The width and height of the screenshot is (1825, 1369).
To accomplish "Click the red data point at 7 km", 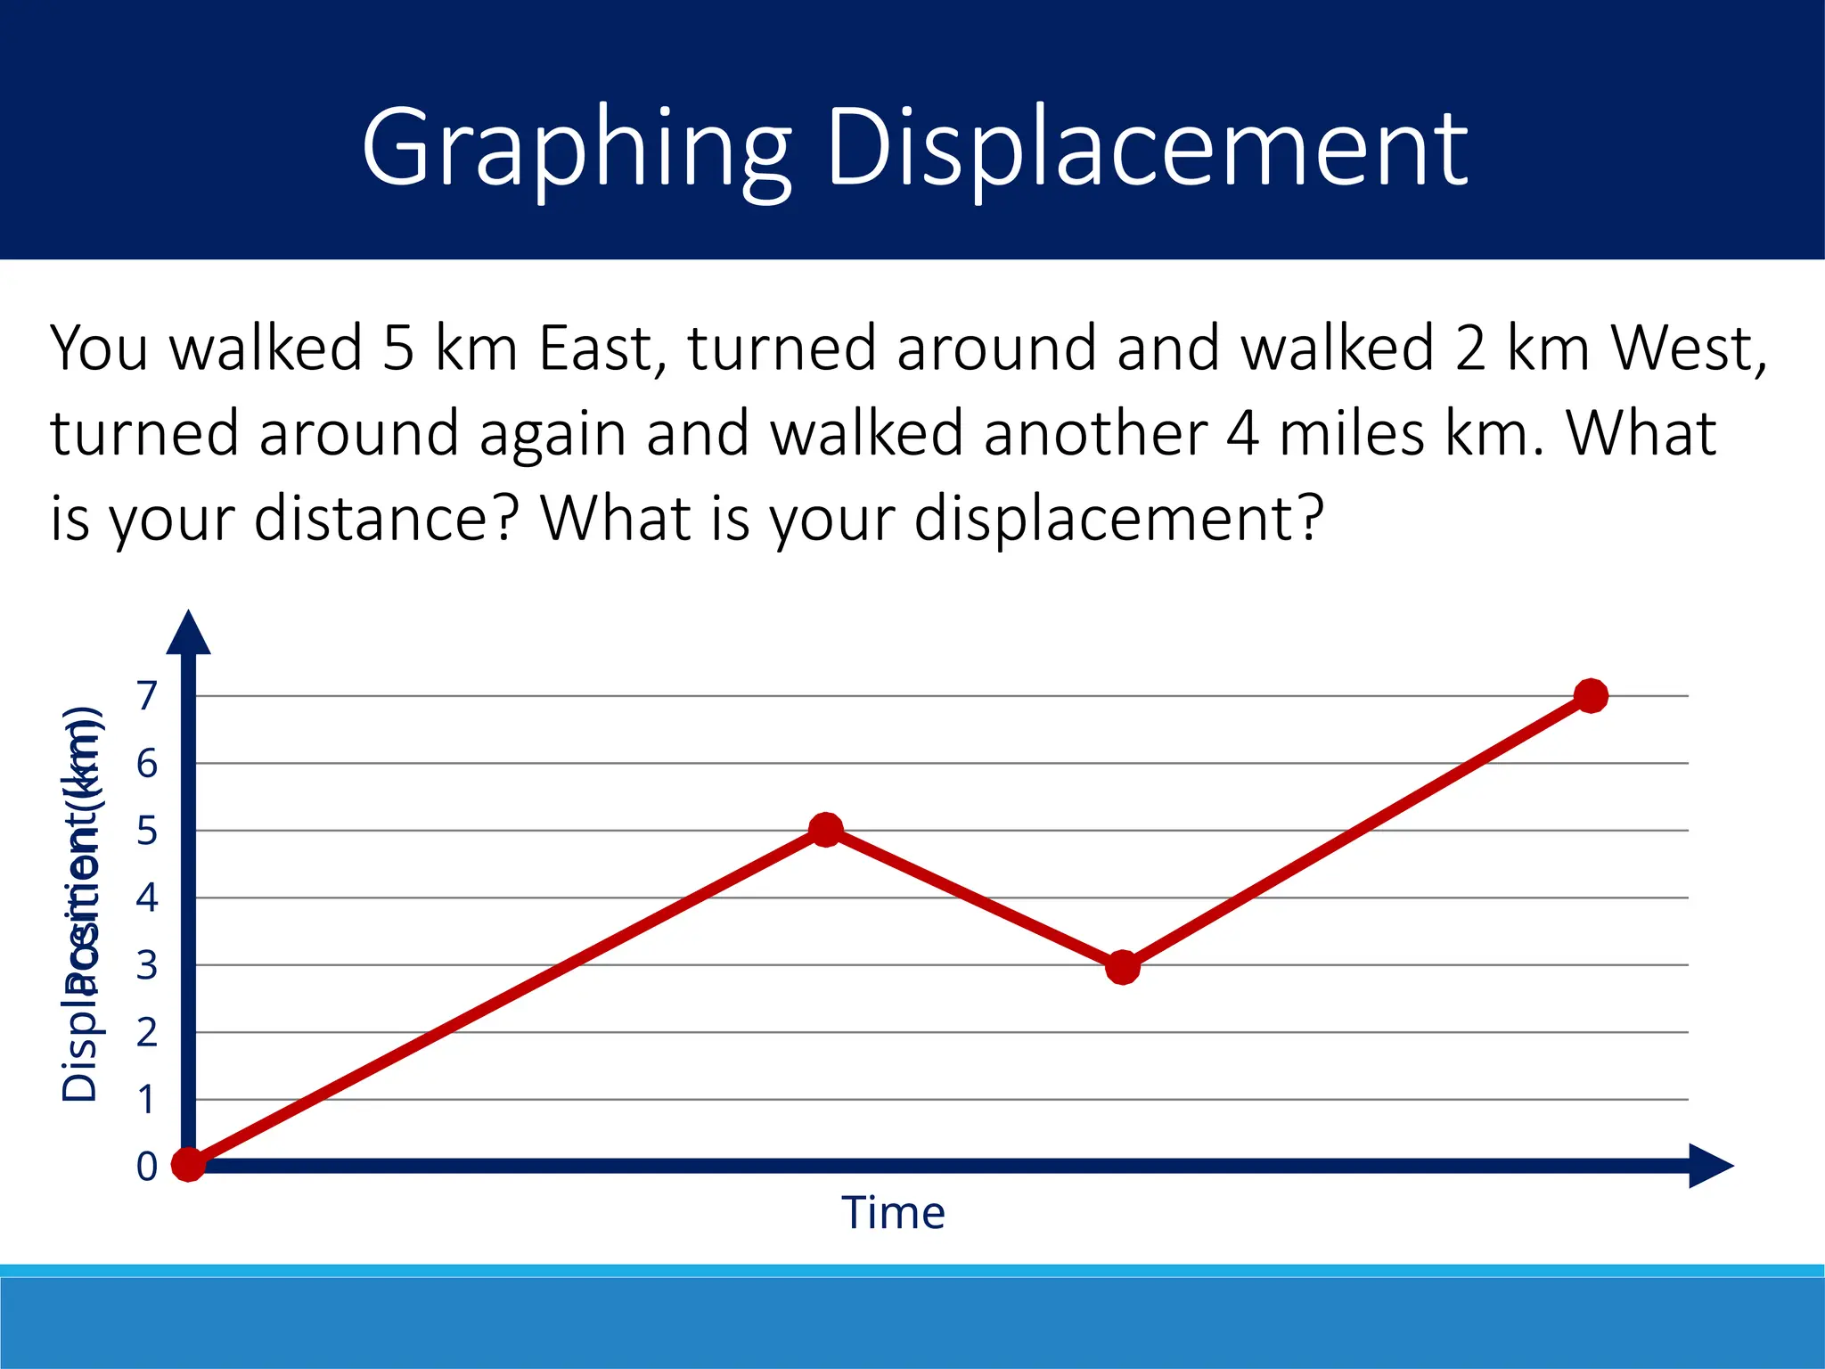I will (1591, 695).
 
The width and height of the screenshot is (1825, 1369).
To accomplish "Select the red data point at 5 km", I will (825, 830).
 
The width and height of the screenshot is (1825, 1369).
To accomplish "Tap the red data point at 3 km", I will (1123, 966).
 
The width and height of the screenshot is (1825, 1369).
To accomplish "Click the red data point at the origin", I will (188, 1164).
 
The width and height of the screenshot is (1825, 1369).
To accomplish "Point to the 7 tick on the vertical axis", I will (147, 695).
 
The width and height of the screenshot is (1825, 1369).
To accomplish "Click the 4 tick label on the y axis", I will (147, 898).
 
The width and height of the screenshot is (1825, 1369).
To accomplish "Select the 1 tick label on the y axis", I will (147, 1100).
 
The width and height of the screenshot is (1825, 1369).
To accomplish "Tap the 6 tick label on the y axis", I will (147, 764).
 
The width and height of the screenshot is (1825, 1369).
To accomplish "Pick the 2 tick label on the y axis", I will (147, 1033).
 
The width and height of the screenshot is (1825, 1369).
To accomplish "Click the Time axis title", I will (893, 1213).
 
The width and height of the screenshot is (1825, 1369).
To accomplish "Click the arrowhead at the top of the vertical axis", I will (188, 635).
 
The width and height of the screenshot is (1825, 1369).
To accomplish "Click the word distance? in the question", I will (386, 519).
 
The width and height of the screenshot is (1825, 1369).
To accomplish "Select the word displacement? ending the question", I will (1119, 519).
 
